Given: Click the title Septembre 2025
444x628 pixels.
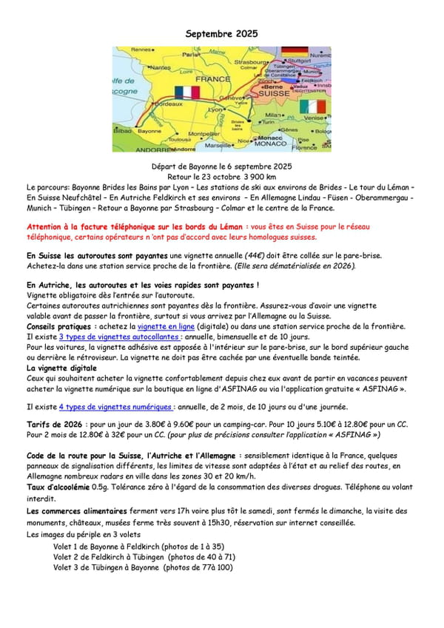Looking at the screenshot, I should point(221,34).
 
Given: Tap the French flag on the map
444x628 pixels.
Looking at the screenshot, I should point(187,92).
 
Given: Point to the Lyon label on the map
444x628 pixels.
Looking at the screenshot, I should point(216,109).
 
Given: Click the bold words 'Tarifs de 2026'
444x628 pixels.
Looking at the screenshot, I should point(55,425).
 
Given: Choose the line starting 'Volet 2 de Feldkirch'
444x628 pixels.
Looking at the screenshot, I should point(144,556).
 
